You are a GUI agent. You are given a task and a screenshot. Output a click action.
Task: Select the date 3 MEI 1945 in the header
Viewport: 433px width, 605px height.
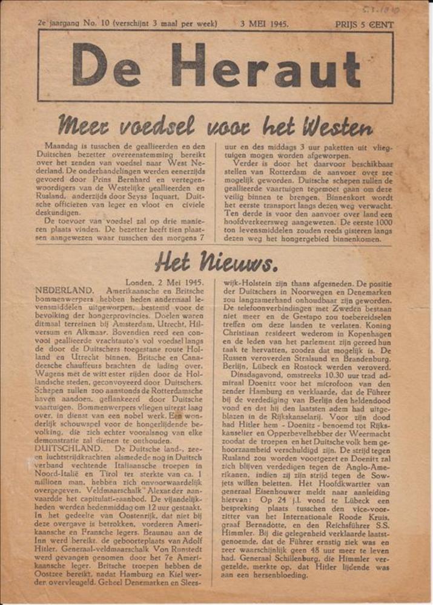[264, 25]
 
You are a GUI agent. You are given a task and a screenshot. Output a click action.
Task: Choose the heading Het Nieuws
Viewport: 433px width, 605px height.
[216, 262]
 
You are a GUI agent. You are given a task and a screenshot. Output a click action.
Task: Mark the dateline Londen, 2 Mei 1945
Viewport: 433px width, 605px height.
[165, 282]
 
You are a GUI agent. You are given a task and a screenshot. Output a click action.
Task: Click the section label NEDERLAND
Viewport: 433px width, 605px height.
[64, 290]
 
